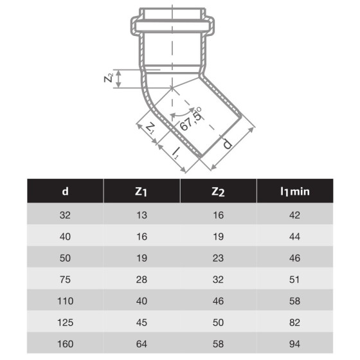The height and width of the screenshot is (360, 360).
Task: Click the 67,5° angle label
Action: tap(191, 119)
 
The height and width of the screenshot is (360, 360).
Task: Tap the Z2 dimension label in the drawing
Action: tap(109, 78)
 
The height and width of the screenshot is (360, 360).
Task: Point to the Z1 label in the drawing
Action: tap(150, 128)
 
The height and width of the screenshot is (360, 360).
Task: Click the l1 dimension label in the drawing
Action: tap(175, 153)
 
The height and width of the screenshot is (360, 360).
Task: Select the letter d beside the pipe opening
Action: tap(227, 144)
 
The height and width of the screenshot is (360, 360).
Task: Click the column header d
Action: tap(65, 191)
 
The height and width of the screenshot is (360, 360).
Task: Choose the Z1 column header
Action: tap(141, 192)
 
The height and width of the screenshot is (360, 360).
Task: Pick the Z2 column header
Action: tap(218, 192)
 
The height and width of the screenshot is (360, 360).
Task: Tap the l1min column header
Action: tap(295, 192)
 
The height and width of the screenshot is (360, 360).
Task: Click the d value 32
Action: tap(65, 215)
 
